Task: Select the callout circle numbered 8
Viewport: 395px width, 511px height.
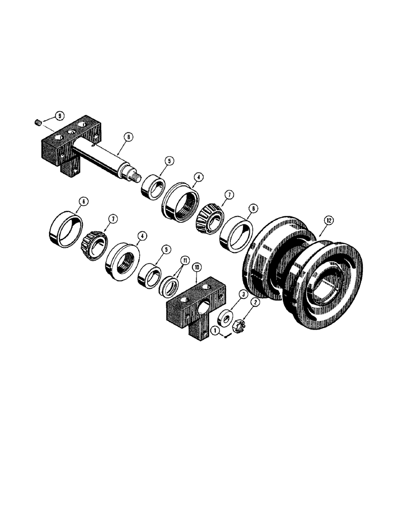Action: pyautogui.click(x=127, y=136)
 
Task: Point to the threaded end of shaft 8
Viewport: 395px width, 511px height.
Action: pyautogui.click(x=137, y=177)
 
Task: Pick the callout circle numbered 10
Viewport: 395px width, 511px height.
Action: pyautogui.click(x=197, y=267)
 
